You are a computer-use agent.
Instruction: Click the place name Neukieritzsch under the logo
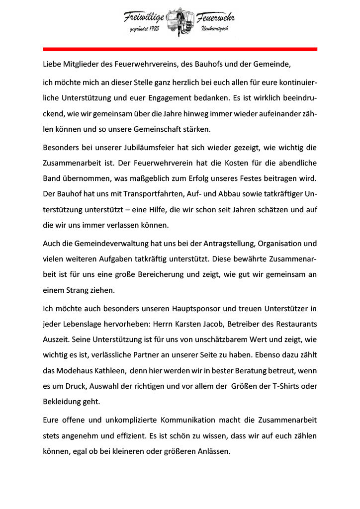[x=214, y=31]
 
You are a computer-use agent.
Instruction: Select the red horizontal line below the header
[x=180, y=49]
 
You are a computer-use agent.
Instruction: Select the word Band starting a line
[x=52, y=178]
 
